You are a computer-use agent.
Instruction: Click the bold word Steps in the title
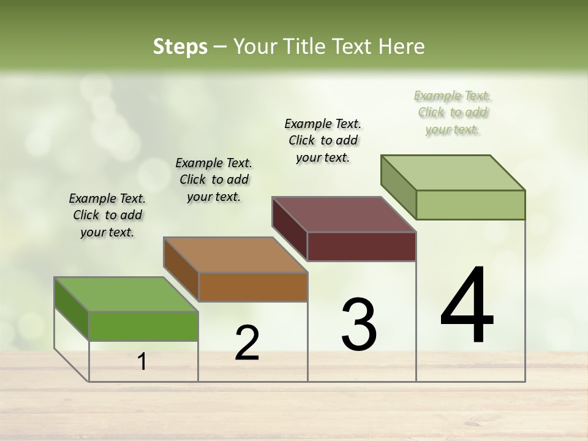[x=180, y=47]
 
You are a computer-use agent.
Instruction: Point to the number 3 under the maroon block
[x=358, y=325]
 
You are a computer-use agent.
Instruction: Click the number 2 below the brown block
[x=247, y=343]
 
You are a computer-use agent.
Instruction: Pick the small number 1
[x=142, y=361]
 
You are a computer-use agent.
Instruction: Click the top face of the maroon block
[x=344, y=214]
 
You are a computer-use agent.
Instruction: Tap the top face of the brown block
[x=235, y=255]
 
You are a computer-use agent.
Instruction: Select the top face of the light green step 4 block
[x=453, y=173]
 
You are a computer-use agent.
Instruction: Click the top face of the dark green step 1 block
[x=126, y=295]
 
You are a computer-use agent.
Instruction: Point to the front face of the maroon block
[x=361, y=247]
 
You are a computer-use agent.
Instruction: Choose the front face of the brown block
[x=253, y=287]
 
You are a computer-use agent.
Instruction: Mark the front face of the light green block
[x=470, y=205]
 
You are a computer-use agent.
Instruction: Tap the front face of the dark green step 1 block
[x=143, y=326]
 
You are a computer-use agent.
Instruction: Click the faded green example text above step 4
[x=453, y=112]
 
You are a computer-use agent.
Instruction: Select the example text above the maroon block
[x=323, y=140]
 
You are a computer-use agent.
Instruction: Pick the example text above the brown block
[x=214, y=179]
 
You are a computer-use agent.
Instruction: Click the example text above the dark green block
[x=107, y=215]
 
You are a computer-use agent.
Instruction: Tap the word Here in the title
[x=402, y=47]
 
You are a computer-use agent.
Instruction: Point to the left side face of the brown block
[x=181, y=269]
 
